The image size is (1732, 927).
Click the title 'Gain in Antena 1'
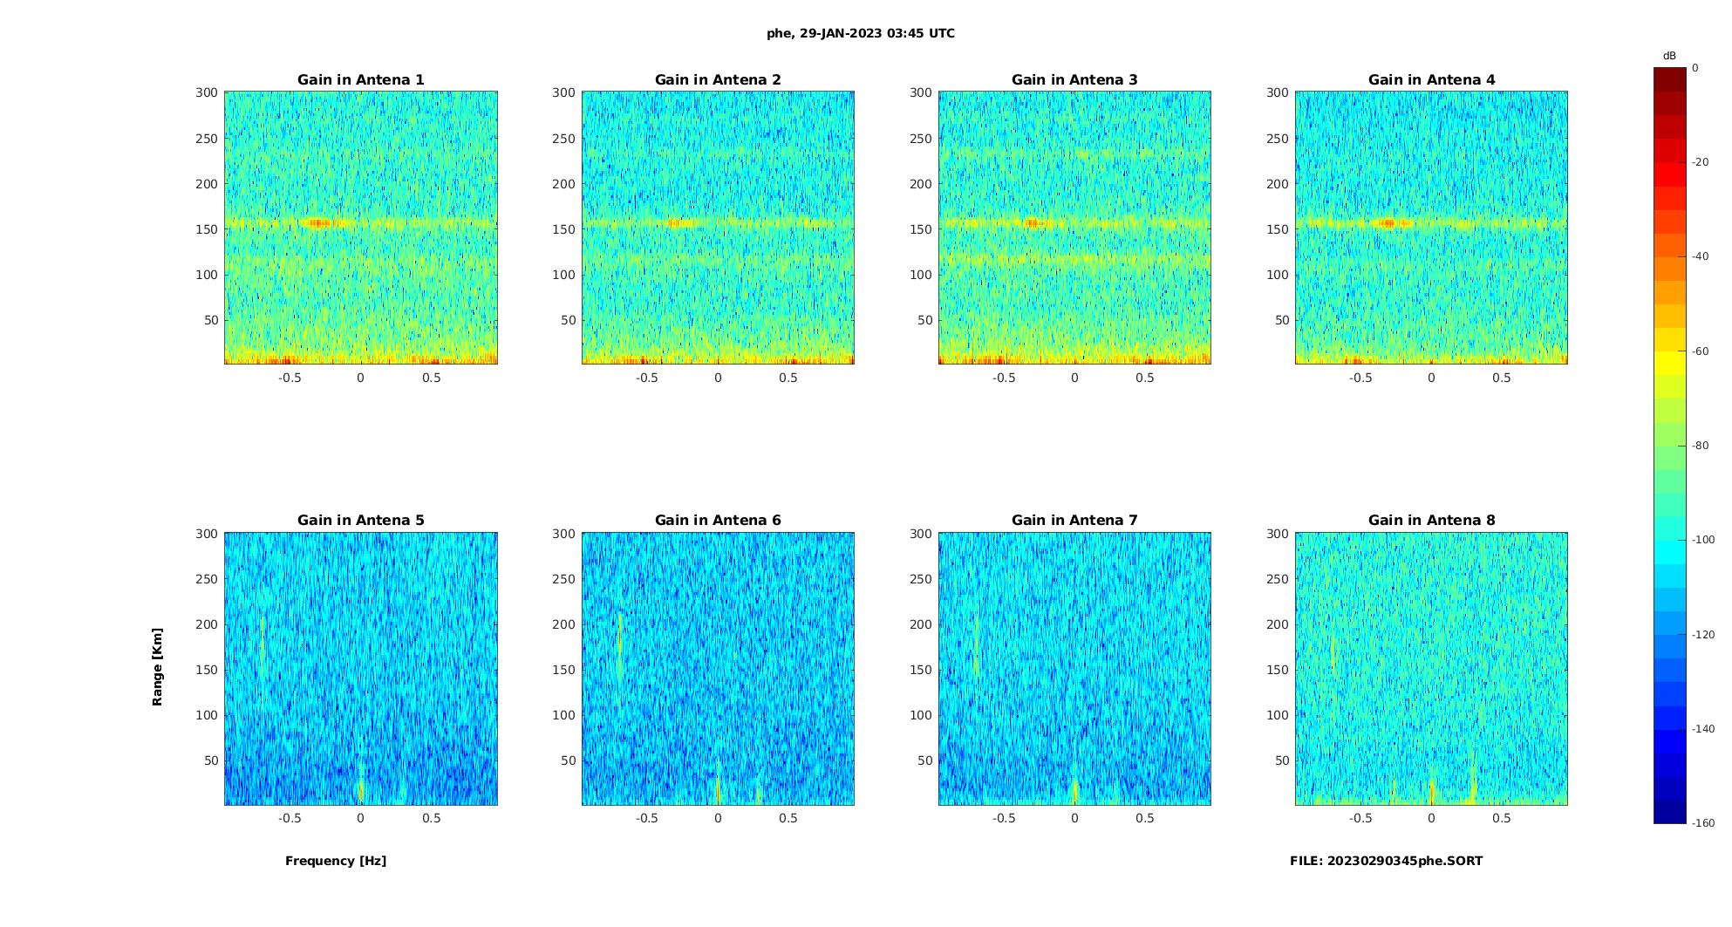click(x=360, y=79)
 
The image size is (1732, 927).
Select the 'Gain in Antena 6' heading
click(x=718, y=520)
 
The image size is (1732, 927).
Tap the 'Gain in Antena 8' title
click(x=1431, y=520)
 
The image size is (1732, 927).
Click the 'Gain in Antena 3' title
click(x=1074, y=79)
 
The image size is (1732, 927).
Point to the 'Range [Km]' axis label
click(x=158, y=666)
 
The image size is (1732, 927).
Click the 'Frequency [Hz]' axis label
click(x=336, y=861)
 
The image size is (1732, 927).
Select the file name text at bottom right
click(x=1386, y=861)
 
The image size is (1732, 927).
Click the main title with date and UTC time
click(x=861, y=33)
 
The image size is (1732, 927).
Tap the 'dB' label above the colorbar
click(x=1669, y=56)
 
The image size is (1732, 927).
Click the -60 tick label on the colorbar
click(x=1700, y=351)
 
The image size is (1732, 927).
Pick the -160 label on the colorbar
click(x=1702, y=823)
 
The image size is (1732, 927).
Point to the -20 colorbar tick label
click(x=1700, y=162)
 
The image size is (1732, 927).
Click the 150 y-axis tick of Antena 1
click(x=206, y=229)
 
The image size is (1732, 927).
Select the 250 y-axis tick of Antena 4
click(x=1277, y=139)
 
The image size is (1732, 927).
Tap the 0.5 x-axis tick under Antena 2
click(x=788, y=378)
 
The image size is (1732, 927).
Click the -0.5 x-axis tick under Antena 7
click(x=1004, y=818)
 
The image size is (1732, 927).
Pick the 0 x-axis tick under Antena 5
click(x=360, y=818)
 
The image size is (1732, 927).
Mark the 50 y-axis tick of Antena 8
click(x=1281, y=760)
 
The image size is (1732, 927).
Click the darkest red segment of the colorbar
click(x=1669, y=79)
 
